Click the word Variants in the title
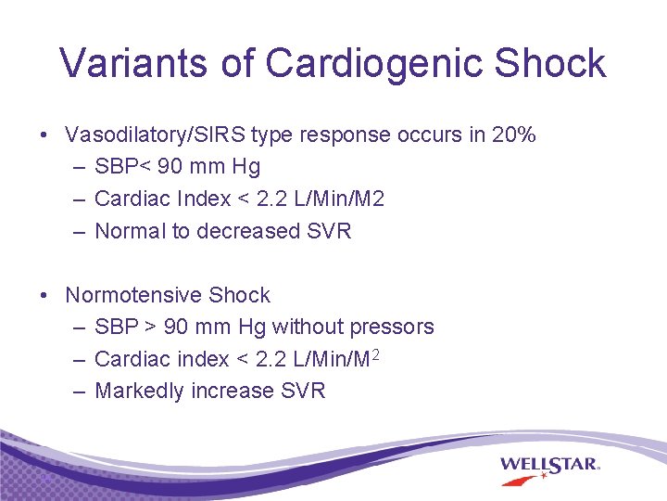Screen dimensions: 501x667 [132, 63]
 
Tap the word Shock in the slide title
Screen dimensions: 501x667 [550, 63]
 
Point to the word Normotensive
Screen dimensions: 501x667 [133, 295]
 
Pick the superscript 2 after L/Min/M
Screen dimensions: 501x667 [377, 354]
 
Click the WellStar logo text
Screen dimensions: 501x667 [550, 463]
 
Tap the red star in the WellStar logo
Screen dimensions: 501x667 [543, 477]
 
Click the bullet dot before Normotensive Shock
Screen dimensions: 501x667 [44, 296]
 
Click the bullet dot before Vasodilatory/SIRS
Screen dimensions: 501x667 [44, 135]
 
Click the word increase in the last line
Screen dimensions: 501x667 [233, 391]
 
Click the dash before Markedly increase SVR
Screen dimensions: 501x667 [79, 391]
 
